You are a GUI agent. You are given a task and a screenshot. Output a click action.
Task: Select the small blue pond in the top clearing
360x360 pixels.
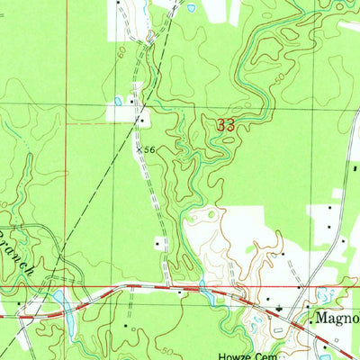[191, 8]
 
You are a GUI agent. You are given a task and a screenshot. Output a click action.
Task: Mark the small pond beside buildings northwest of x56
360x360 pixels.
[118, 101]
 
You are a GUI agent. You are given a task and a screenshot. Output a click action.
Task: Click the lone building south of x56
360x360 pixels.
[159, 241]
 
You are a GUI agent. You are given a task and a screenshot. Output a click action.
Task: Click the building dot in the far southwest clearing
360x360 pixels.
[20, 316]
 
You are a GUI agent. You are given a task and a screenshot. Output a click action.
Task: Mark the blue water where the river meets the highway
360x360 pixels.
[204, 292]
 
